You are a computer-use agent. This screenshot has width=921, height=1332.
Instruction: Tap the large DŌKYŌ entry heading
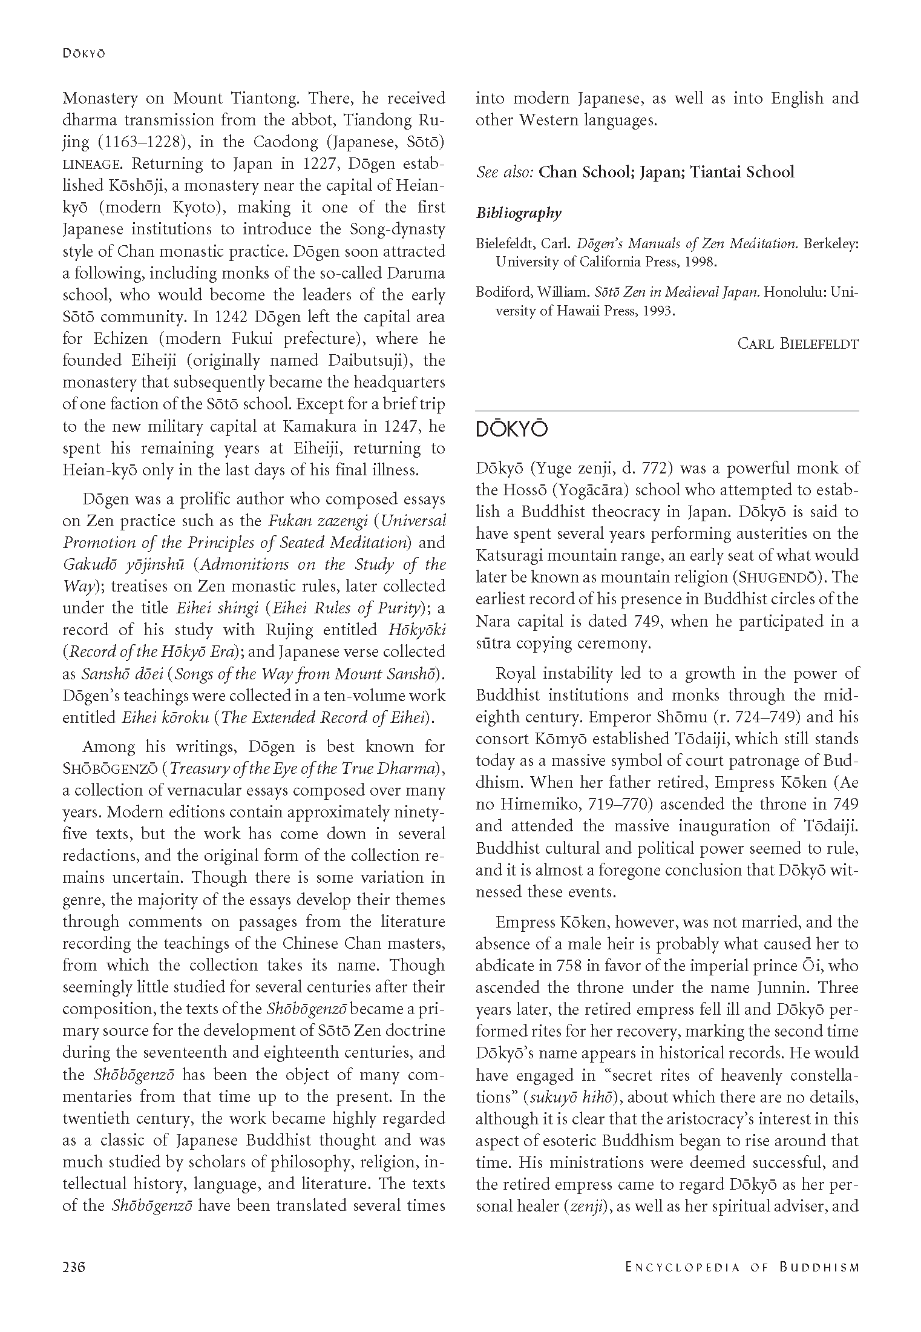click(x=511, y=429)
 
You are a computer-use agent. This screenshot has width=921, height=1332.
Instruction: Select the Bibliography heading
click(x=519, y=213)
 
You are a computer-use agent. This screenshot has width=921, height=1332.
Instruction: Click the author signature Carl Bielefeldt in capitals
click(x=798, y=344)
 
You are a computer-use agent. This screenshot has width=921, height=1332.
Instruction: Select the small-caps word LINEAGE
click(x=94, y=164)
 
